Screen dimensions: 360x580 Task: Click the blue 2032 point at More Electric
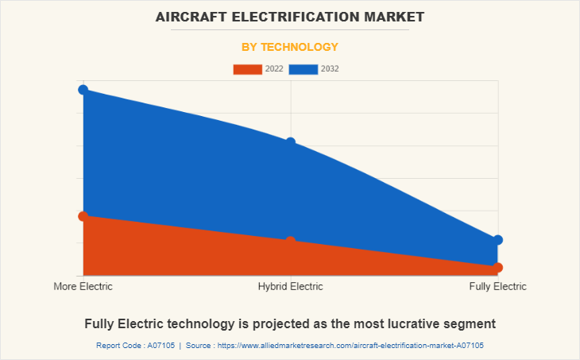pyautogui.click(x=83, y=90)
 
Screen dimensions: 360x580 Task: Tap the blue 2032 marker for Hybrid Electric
pyautogui.click(x=291, y=142)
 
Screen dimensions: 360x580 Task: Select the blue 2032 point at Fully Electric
pyautogui.click(x=497, y=240)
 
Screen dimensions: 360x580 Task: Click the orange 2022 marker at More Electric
pyautogui.click(x=83, y=216)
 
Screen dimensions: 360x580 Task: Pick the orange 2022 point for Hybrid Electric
pyautogui.click(x=291, y=241)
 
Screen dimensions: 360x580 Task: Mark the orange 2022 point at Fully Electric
pyautogui.click(x=497, y=268)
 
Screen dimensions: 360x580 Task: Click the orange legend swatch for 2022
pyautogui.click(x=247, y=69)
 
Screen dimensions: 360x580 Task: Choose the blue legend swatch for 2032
pyautogui.click(x=304, y=69)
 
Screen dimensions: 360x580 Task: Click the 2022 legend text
pyautogui.click(x=274, y=69)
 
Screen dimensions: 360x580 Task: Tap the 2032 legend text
pyautogui.click(x=330, y=69)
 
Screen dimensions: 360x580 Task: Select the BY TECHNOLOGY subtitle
pyautogui.click(x=290, y=47)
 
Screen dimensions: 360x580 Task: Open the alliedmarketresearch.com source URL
pyautogui.click(x=349, y=346)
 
